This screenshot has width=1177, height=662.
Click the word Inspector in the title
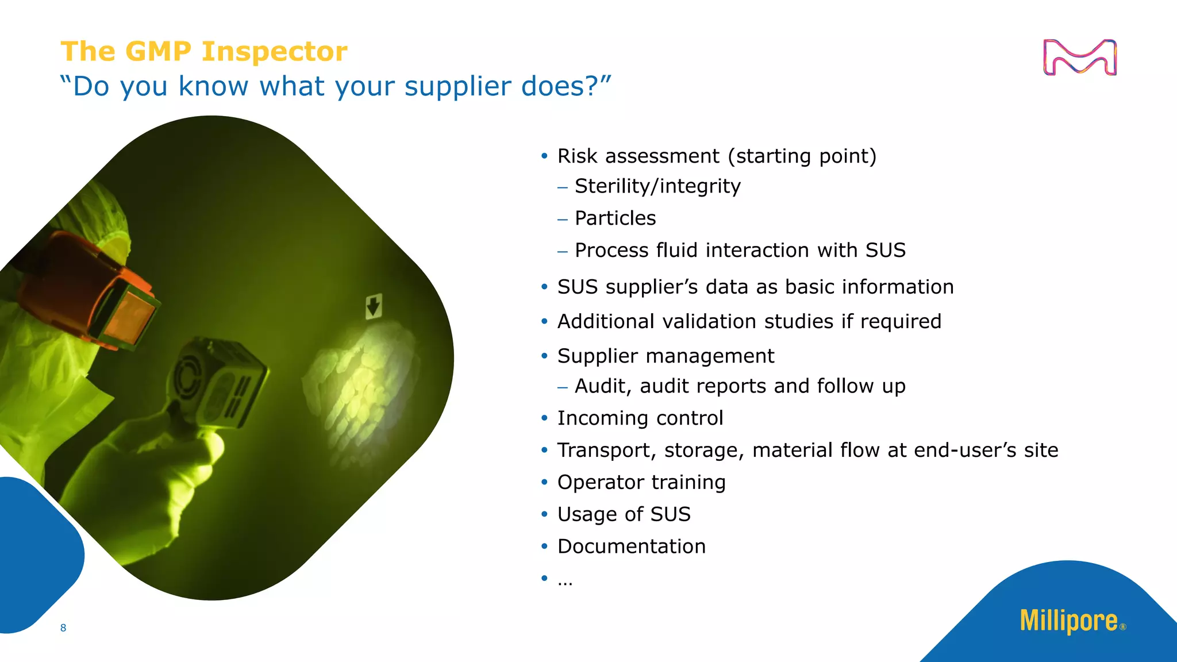(x=274, y=52)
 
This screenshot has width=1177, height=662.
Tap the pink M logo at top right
(x=1079, y=57)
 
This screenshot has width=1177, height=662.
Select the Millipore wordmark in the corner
(x=1069, y=621)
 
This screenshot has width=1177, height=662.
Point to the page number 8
(x=63, y=628)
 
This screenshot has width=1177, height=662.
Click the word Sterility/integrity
(x=657, y=186)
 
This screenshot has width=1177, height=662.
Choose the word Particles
(x=615, y=218)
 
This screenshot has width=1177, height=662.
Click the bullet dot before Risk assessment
(x=544, y=156)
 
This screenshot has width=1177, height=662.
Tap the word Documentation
(x=631, y=546)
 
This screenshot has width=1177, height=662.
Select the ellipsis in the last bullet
(x=565, y=582)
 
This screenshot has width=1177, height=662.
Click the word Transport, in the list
(x=606, y=450)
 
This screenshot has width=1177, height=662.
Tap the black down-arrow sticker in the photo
(x=374, y=306)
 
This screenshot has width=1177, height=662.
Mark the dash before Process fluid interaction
(x=563, y=251)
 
